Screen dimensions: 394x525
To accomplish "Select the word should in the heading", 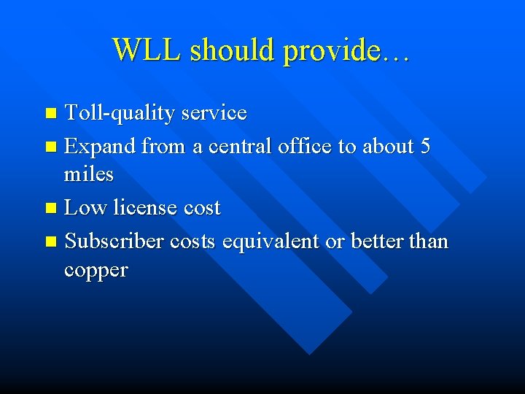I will coord(230,50).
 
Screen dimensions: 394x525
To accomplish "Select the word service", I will coord(214,113).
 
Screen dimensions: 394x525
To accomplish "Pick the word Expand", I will coord(100,147).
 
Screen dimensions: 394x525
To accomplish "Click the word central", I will coord(241,146).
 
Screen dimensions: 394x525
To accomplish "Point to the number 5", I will coord(425,146).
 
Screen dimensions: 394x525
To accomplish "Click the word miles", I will coord(89,174).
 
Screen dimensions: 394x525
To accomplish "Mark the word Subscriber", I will coord(114,241).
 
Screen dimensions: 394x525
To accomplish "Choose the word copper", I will coord(96,271).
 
